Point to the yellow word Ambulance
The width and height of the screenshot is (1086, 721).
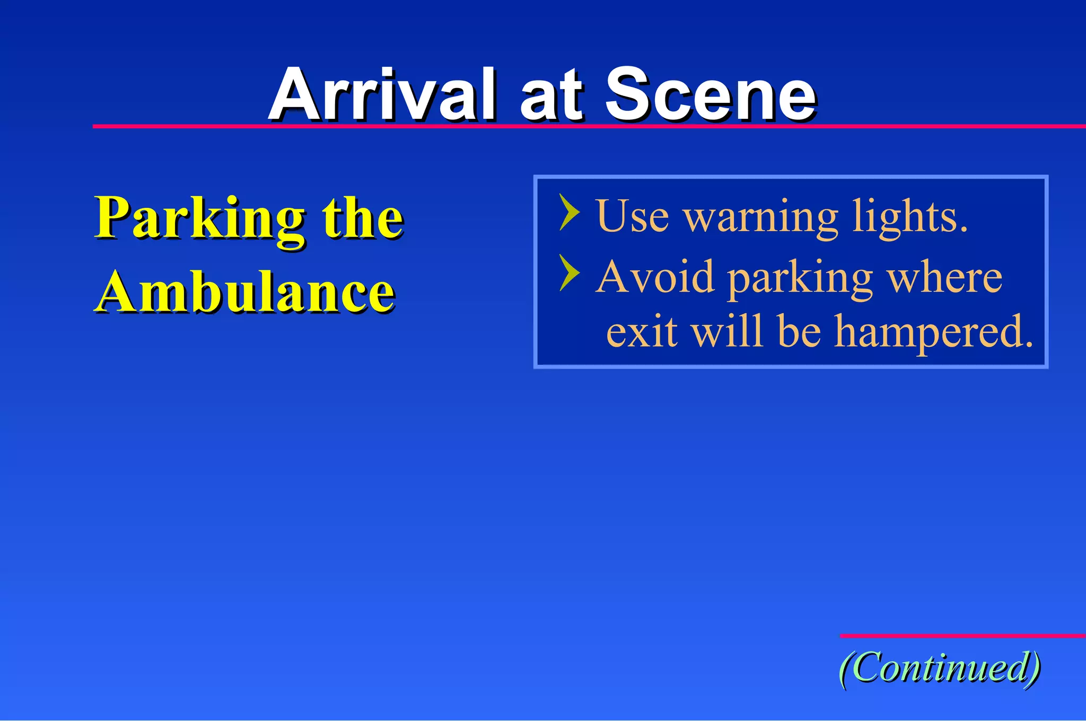[x=245, y=293]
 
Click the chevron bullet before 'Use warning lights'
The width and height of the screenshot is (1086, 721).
[x=570, y=212]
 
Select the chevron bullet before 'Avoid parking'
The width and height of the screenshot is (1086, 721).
[x=570, y=272]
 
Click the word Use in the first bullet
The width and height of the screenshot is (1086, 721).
[x=632, y=216]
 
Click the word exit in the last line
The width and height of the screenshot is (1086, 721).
[x=642, y=331]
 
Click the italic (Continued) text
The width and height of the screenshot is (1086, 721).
[x=940, y=668]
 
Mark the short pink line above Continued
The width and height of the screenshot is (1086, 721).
[x=962, y=636]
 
